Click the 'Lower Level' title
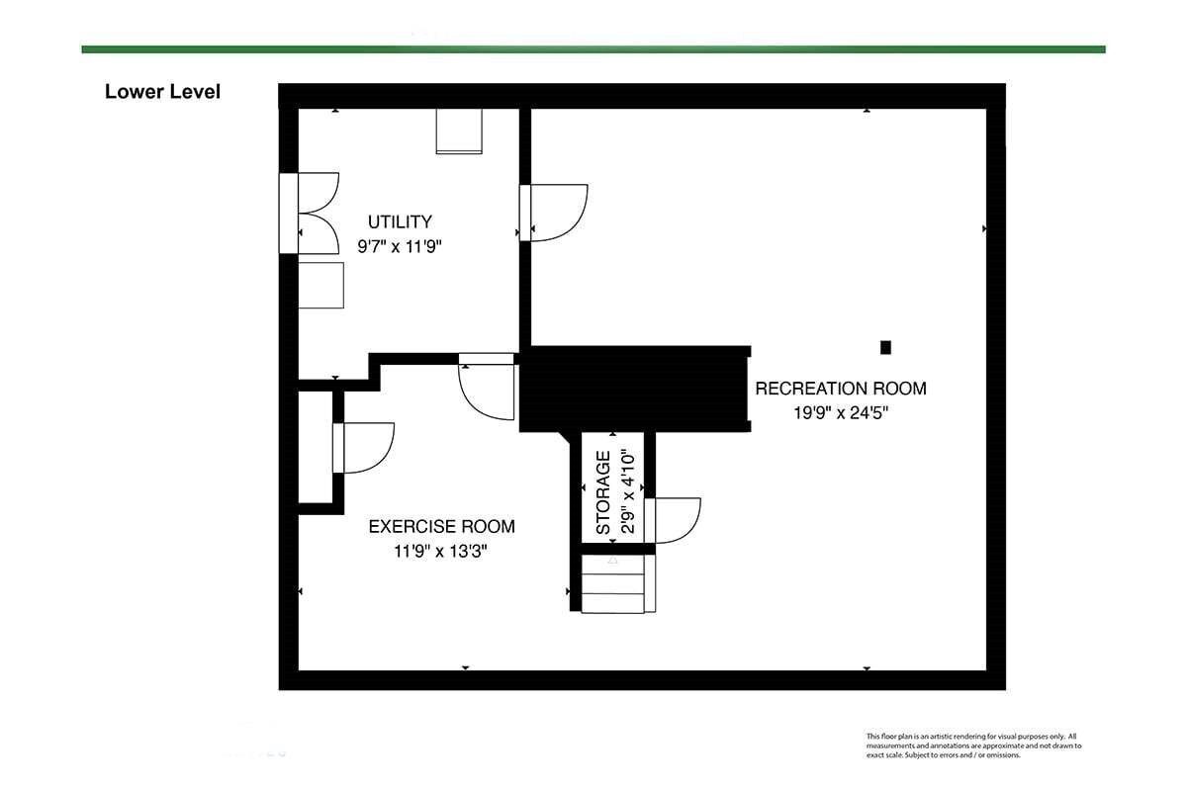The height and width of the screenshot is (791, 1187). pyautogui.click(x=162, y=92)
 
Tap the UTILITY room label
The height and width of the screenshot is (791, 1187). pyautogui.click(x=400, y=221)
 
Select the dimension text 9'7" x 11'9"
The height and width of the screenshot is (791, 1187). pyautogui.click(x=400, y=246)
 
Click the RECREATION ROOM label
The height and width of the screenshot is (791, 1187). pyautogui.click(x=841, y=389)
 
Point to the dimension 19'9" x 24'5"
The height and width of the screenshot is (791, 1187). pyautogui.click(x=841, y=412)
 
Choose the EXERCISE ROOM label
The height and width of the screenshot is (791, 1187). pyautogui.click(x=441, y=527)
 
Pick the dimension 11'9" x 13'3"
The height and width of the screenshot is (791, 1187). pyautogui.click(x=440, y=552)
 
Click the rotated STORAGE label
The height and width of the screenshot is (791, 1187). pyautogui.click(x=603, y=492)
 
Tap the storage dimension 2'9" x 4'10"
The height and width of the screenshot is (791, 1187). pyautogui.click(x=627, y=492)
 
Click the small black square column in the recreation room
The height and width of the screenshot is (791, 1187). pyautogui.click(x=885, y=348)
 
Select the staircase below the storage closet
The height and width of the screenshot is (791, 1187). pyautogui.click(x=618, y=583)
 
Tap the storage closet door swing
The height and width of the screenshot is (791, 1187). pyautogui.click(x=673, y=520)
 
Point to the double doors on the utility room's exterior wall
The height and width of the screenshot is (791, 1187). pyautogui.click(x=310, y=213)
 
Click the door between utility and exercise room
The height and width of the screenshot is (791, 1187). pyautogui.click(x=487, y=387)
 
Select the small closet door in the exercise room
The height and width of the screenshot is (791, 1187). pyautogui.click(x=364, y=448)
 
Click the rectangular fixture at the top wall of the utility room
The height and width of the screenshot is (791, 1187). pyautogui.click(x=459, y=132)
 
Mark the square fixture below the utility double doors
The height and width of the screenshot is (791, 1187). pyautogui.click(x=321, y=285)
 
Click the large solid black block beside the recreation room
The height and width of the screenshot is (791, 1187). pyautogui.click(x=635, y=389)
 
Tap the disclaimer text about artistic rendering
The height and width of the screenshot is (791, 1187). pyautogui.click(x=973, y=746)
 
